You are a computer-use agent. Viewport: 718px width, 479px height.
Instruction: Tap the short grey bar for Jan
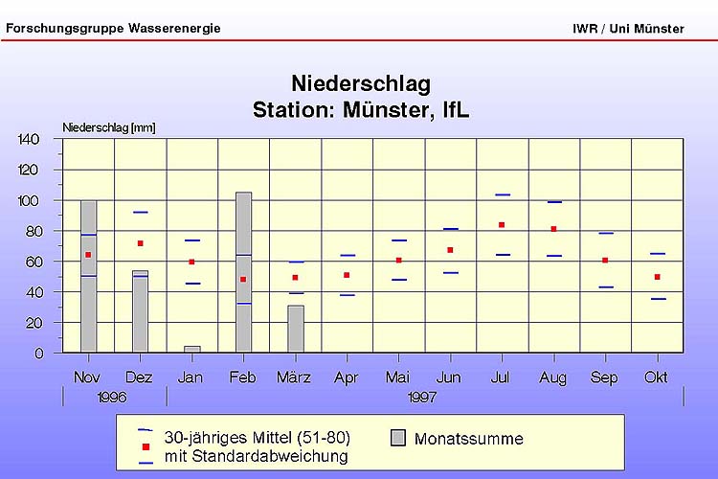coord(191,349)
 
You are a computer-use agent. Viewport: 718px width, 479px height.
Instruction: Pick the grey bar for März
coord(296,329)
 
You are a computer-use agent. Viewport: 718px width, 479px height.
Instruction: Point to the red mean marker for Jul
coord(502,225)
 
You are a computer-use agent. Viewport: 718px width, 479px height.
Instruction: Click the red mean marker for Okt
coord(657,277)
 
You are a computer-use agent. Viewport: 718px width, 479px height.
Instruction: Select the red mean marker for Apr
coord(347,275)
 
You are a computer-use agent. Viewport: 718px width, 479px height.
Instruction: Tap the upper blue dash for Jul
coord(502,194)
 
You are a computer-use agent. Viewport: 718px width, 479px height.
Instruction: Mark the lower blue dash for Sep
coord(605,287)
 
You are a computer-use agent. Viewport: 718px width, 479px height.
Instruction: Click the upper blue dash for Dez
coord(140,212)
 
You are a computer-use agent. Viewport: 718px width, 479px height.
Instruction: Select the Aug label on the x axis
coord(553,377)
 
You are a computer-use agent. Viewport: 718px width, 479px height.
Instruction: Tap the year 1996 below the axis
coord(112,397)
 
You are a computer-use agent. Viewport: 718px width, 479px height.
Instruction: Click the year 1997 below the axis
coord(422,397)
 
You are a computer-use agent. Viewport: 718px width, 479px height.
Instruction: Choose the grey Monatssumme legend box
coord(399,439)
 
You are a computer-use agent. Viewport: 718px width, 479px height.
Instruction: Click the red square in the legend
coord(146,446)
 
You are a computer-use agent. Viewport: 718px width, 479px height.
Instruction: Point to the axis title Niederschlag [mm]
coord(108,126)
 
